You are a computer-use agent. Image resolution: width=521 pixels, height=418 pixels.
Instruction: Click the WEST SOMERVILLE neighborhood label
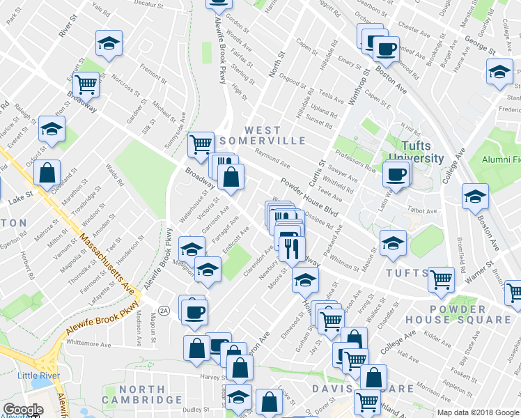[263, 135]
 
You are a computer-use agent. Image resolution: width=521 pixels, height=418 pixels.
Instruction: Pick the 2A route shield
[164, 310]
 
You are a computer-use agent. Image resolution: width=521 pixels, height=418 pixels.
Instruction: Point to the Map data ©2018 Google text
[478, 412]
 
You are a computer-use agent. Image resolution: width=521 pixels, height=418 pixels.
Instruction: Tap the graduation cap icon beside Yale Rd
[108, 43]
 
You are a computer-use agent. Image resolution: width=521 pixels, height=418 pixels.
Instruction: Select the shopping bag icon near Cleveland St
[47, 174]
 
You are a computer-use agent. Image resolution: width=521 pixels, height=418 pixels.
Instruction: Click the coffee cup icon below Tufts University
[396, 174]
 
